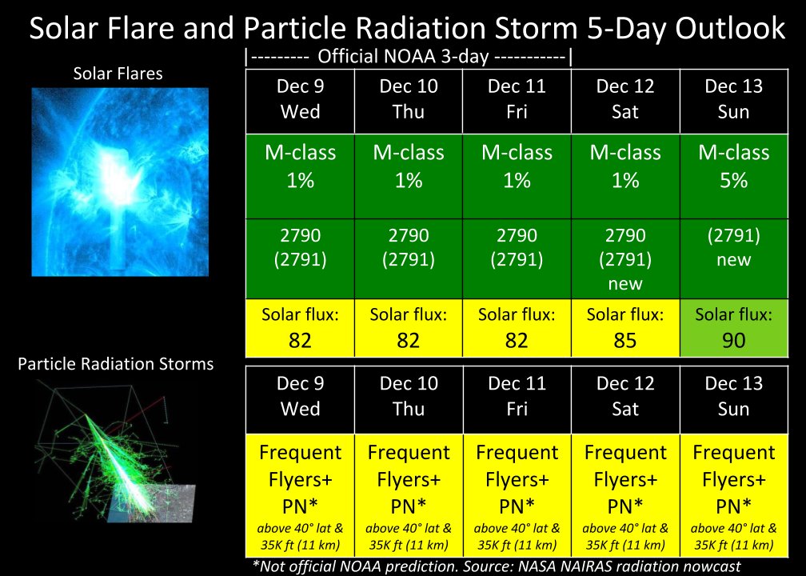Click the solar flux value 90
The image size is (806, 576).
point(733,341)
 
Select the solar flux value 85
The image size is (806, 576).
point(625,341)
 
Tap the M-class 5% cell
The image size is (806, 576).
point(734,176)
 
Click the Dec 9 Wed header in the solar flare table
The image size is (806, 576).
point(300,102)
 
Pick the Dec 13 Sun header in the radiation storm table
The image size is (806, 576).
point(734,398)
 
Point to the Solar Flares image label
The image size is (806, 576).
point(118,74)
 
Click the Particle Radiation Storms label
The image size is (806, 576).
point(116,364)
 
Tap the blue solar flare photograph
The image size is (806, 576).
point(120,182)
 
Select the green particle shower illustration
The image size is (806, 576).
point(116,453)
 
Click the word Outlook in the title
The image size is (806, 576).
point(730,27)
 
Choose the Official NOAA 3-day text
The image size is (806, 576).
point(402,56)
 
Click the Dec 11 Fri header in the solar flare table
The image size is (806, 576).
point(517,102)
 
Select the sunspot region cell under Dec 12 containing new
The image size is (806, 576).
point(625,258)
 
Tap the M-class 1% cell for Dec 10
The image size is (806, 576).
point(409,176)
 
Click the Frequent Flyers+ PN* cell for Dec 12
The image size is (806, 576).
point(625,496)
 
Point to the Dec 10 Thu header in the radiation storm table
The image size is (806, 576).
point(409,398)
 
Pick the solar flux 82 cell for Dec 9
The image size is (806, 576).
point(300,328)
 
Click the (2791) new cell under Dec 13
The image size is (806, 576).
point(734,258)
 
